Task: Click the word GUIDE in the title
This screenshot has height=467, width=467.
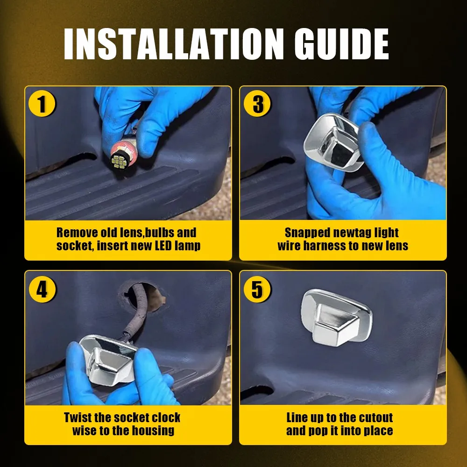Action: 342,44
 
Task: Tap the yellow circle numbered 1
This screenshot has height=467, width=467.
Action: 42,104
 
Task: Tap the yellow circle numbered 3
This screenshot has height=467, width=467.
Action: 257,104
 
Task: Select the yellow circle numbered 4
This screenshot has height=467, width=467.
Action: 42,289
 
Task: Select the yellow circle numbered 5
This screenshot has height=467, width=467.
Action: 257,289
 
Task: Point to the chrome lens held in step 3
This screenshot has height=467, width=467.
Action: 332,142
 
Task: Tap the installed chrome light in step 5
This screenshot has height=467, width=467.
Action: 336,317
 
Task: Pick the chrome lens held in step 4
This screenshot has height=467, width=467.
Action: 108,359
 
